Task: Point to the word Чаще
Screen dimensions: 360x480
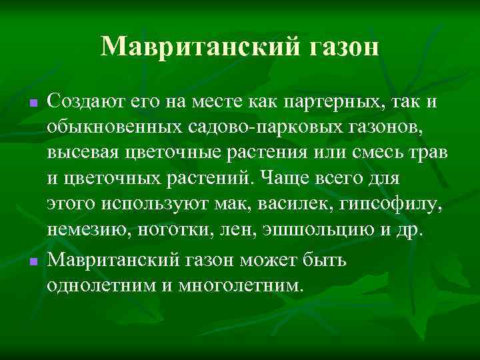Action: click(x=280, y=179)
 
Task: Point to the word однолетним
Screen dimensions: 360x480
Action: click(x=100, y=285)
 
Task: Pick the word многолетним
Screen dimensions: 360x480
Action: click(x=237, y=285)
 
